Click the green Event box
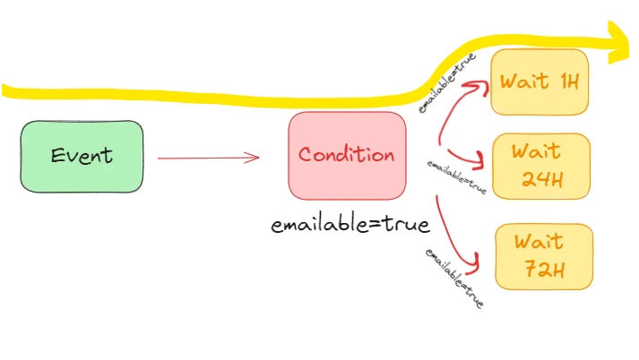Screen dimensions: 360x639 82,156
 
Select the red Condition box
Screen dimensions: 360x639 347,156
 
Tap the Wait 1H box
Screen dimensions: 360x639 540,82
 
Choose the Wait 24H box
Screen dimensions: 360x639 540,166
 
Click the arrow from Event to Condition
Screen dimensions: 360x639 208,159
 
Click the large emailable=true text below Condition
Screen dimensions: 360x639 350,223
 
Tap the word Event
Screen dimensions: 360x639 82,156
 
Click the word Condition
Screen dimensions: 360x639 347,155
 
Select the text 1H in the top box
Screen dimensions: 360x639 570,82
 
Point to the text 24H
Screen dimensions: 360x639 542,180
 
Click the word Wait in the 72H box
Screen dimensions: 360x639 538,241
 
